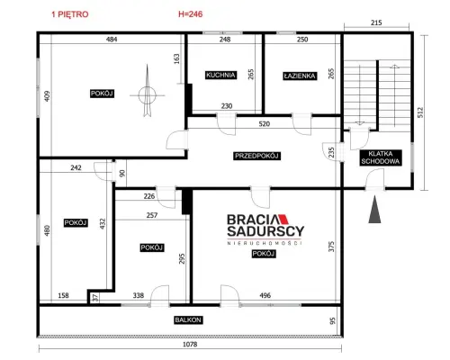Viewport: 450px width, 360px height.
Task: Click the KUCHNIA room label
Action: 220,75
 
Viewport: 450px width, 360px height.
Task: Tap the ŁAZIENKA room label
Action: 300,76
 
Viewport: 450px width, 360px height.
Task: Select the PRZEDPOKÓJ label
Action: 256,156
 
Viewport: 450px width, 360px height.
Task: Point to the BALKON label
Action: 188,319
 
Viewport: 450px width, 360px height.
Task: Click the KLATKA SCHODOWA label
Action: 381,157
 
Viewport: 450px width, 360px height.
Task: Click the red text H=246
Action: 191,14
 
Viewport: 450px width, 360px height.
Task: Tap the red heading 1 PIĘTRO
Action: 70,14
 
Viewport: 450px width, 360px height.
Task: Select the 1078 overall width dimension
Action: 190,344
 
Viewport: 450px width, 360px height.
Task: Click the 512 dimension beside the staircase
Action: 420,112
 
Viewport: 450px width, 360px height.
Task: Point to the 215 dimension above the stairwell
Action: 376,22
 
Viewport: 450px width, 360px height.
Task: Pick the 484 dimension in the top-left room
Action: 112,39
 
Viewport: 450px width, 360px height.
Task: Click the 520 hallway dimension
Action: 264,123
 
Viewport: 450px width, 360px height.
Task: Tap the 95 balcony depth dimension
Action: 332,320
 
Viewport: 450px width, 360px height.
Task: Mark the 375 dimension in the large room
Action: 331,247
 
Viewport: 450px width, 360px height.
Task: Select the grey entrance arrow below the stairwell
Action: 374,210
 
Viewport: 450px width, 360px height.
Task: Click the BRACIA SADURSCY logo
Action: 265,226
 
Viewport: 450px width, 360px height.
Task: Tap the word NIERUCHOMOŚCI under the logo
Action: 265,243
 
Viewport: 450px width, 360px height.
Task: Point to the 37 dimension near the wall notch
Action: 95,298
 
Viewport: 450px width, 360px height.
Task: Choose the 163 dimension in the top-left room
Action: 176,58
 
